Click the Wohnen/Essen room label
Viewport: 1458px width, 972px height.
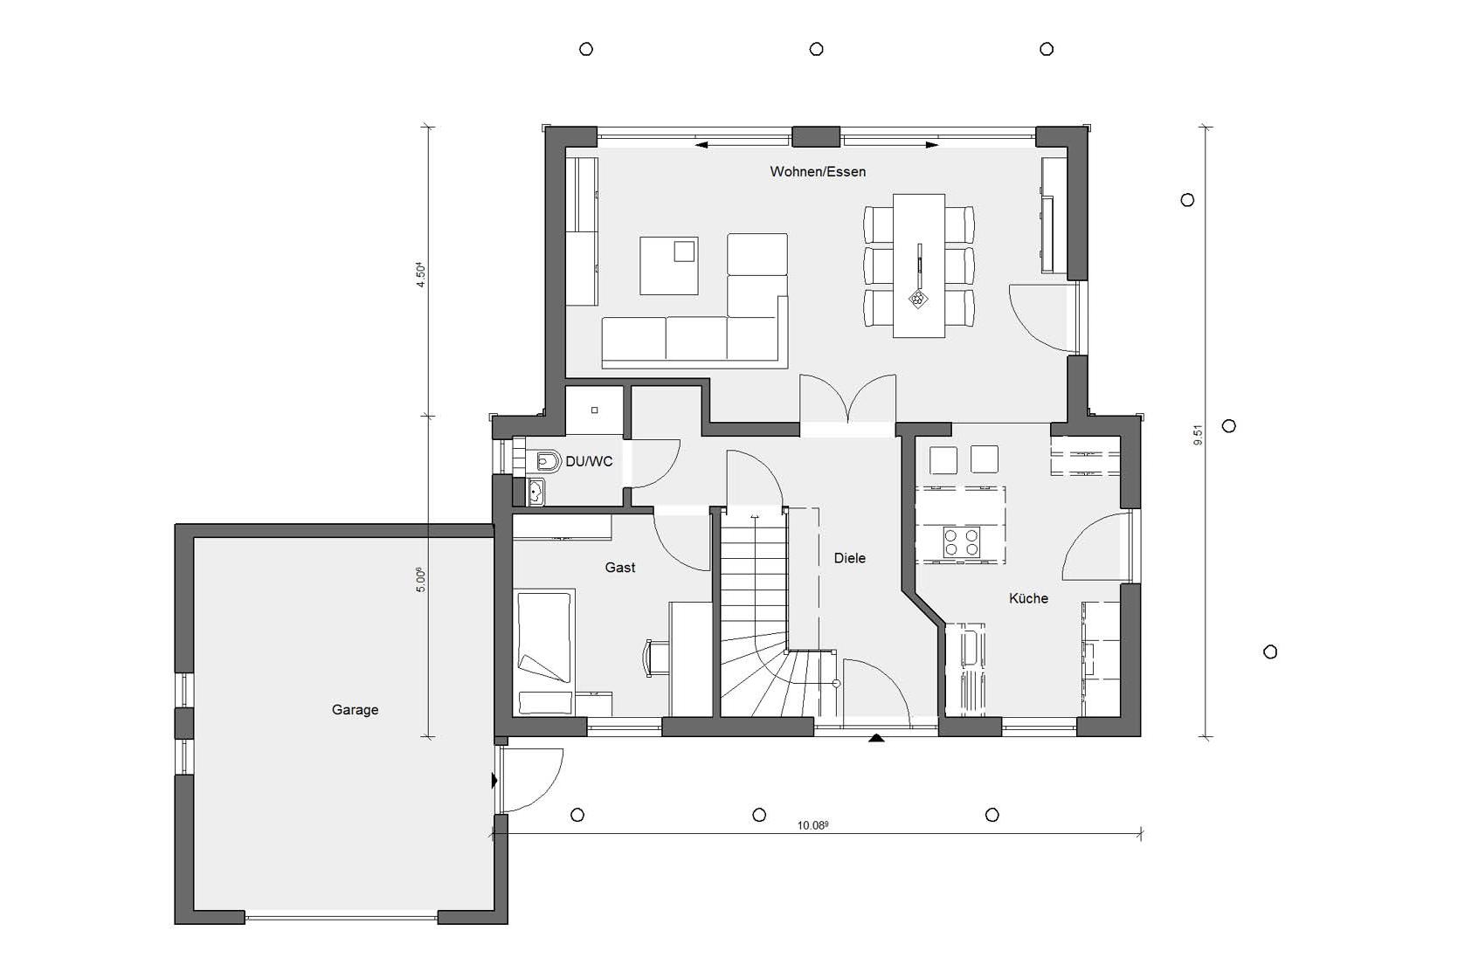coord(818,172)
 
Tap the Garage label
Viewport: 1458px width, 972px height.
coord(355,710)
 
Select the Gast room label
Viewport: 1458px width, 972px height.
coord(619,568)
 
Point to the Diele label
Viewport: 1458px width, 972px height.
coord(849,557)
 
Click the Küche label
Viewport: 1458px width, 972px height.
coord(1028,598)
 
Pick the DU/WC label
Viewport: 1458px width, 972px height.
coord(589,461)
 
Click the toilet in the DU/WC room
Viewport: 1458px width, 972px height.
coord(545,462)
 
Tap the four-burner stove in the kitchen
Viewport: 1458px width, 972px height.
coord(961,542)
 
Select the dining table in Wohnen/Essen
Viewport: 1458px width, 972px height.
coord(918,265)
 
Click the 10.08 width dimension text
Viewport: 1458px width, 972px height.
coord(812,825)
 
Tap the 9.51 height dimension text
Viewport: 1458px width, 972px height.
coord(1198,435)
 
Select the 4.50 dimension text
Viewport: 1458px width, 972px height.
coord(421,275)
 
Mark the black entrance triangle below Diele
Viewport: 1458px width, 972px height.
coord(876,738)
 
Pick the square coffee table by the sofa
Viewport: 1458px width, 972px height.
coord(668,265)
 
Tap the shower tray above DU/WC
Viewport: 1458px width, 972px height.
coord(594,410)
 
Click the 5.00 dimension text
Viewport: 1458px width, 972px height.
coord(420,579)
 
